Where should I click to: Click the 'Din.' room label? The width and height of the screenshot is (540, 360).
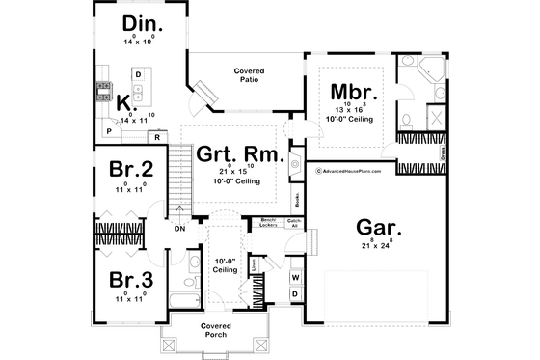pos(142,24)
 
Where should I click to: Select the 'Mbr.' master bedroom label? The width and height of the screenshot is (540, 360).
pos(358,94)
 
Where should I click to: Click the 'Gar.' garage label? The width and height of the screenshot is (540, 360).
pos(379,229)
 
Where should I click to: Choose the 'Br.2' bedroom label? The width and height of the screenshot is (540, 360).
pos(129,170)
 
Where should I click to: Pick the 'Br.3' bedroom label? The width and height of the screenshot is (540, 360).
pos(129,282)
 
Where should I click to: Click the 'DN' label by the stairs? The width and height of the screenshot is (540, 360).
pos(179,229)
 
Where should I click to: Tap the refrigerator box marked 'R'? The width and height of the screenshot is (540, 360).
pos(156,135)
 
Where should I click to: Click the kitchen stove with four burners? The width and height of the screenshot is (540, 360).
pos(103,94)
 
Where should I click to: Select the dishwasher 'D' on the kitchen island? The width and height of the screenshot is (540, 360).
pos(138,74)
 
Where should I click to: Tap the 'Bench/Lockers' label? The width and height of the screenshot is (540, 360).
pos(269,223)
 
